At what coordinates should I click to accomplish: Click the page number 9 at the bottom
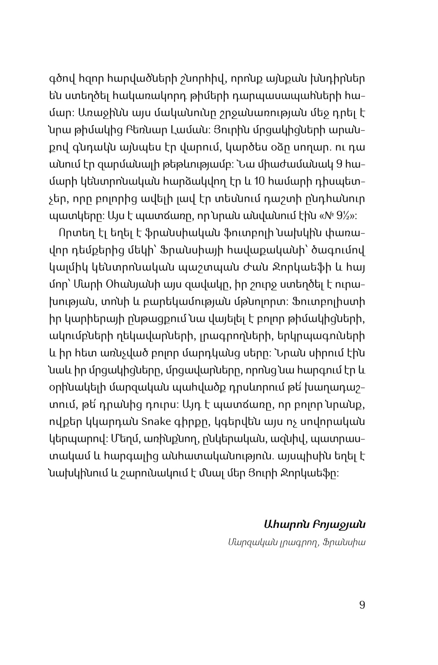(362, 605)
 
